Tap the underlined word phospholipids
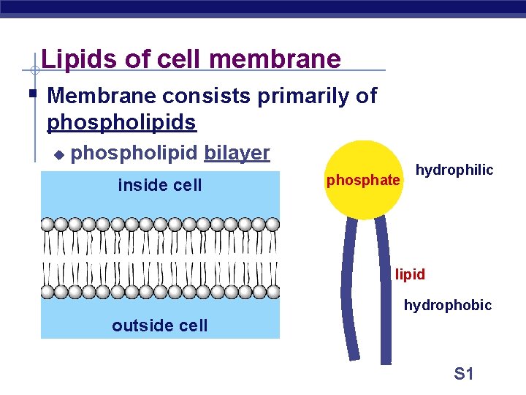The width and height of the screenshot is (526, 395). [x=121, y=122]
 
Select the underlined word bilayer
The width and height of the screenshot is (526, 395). [x=237, y=153]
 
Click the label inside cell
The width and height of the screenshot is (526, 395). [x=159, y=185]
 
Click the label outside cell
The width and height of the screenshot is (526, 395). [x=159, y=326]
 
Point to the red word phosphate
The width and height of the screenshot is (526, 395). [x=363, y=180]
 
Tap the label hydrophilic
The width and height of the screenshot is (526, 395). [x=454, y=170]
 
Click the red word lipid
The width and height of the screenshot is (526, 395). [x=410, y=275]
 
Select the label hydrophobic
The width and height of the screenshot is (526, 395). [x=448, y=305]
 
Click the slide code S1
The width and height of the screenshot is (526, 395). [x=464, y=374]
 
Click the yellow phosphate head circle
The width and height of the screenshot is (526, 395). [x=363, y=157]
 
